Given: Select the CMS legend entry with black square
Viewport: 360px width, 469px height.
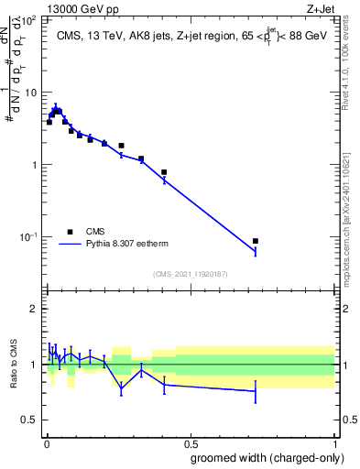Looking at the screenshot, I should pyautogui.click(x=70, y=232).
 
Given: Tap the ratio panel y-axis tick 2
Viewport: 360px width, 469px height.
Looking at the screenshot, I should pyautogui.click(x=35, y=309).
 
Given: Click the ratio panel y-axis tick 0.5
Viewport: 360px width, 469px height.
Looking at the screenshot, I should pyautogui.click(x=30, y=420).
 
